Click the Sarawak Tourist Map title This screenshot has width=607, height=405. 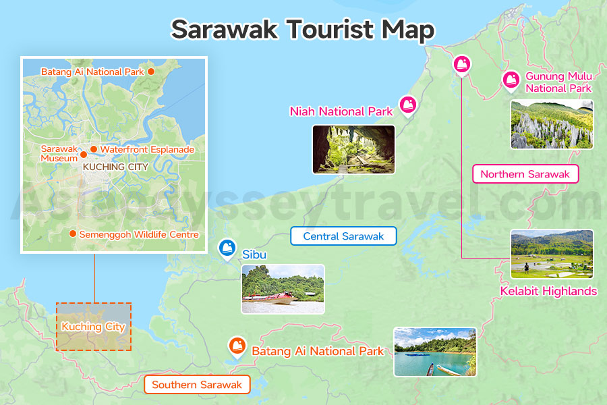coord(303,30)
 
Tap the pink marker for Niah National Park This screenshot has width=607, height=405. coord(408,105)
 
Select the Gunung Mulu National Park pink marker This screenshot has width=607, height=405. coord(511,80)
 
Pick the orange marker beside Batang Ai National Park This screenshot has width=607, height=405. coord(237,346)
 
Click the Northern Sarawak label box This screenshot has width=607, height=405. coord(525,174)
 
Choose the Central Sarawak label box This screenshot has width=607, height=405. coord(343,236)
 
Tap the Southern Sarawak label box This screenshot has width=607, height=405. coord(196,385)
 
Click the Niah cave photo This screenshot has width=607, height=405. coord(353,149)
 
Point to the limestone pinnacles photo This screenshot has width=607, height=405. coord(552,125)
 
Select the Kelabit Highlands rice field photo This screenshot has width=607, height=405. coord(552,254)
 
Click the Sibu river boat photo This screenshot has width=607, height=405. coord(283,289)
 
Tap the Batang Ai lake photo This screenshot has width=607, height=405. coord(435,352)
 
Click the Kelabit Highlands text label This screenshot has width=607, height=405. coord(548,292)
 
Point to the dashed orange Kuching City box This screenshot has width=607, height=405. coord(94,327)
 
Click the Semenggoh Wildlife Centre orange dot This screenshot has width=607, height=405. coord(72,234)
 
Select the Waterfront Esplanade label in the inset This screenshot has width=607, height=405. coord(147,149)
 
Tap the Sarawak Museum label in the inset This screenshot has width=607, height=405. coord(59,153)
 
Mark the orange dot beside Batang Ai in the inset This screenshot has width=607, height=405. coord(151,71)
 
